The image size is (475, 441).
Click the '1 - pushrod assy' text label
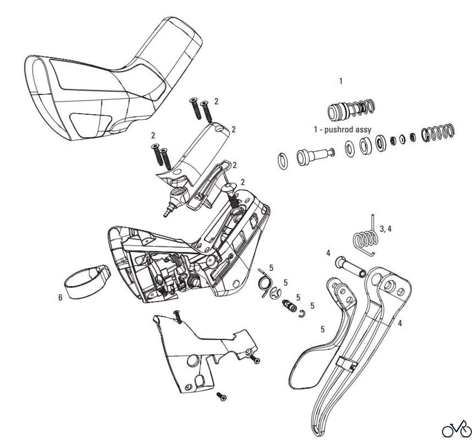click(342, 130)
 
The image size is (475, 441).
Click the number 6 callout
click(60, 297)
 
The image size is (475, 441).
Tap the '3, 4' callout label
click(385, 229)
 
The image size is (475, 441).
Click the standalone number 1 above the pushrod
click(341, 81)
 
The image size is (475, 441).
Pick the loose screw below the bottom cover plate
click(222, 404)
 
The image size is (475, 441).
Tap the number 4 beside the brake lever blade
click(400, 323)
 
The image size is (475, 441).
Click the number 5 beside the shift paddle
click(322, 329)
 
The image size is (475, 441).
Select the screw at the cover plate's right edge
click(256, 360)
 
